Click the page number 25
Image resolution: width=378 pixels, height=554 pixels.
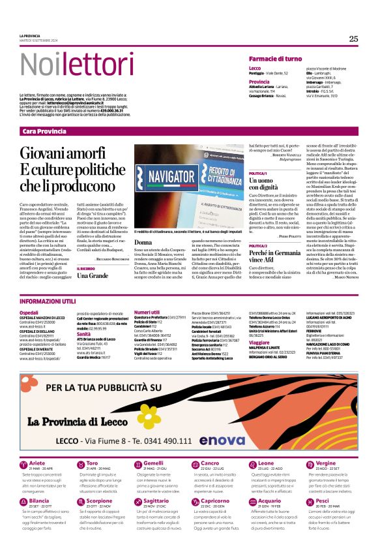(x=353, y=38)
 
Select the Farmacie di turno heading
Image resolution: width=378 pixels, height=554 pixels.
(x=275, y=59)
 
